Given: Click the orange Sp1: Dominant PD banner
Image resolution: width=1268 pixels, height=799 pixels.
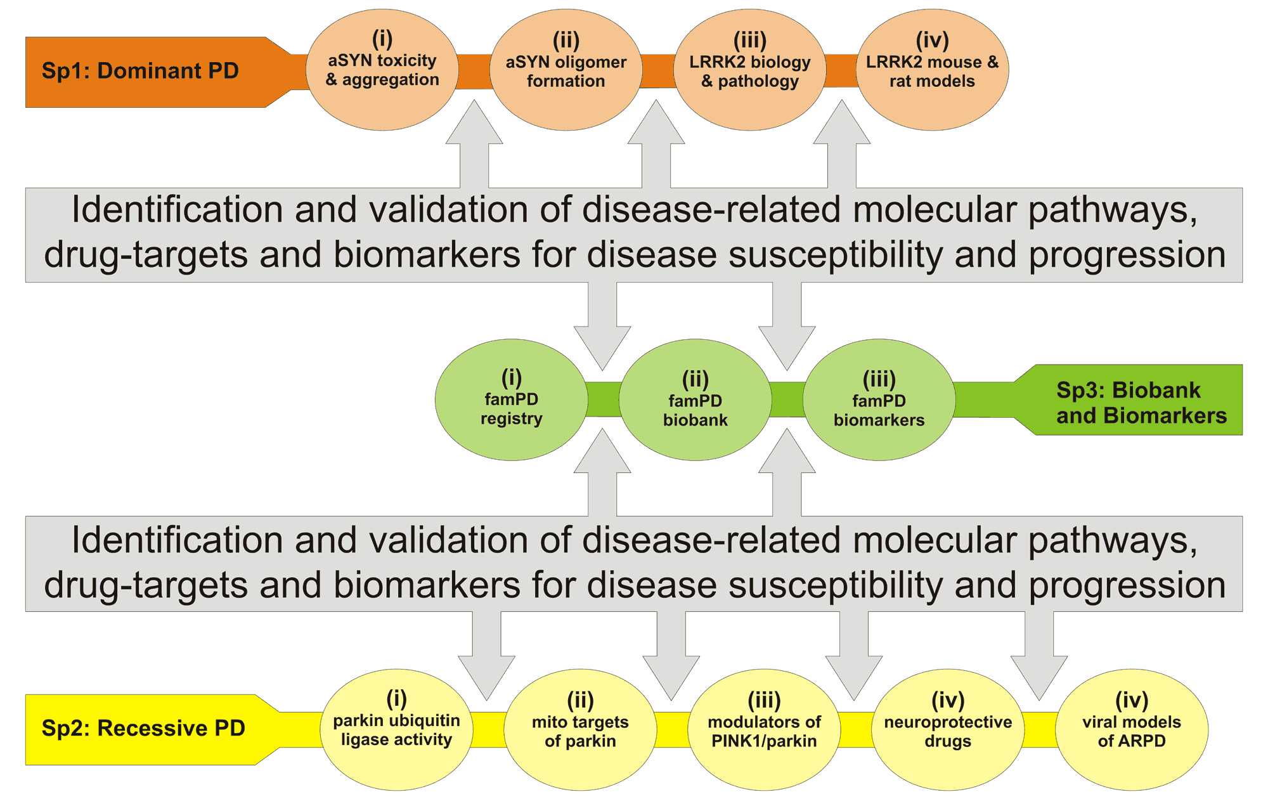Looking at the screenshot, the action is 152,72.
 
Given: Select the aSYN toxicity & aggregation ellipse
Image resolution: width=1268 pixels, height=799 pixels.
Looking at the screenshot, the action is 382,70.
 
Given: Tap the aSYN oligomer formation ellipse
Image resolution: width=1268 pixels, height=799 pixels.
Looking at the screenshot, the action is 566,70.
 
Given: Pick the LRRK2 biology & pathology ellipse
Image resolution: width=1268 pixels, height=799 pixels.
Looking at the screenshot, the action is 750,70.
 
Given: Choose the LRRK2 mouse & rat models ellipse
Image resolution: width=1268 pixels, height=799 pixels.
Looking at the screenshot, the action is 933,70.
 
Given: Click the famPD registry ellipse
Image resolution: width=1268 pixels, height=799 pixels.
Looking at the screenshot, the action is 512,399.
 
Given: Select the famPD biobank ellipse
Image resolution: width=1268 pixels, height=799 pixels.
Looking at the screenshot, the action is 695,399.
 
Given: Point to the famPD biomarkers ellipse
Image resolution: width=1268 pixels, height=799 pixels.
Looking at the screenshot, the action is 879,399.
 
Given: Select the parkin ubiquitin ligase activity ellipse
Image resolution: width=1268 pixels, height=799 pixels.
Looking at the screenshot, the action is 397,730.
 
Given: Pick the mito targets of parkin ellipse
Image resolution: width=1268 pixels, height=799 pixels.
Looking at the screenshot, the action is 580,730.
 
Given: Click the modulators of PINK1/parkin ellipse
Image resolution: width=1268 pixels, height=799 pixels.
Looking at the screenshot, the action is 764,730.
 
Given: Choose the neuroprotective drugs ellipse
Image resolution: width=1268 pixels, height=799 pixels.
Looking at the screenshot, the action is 948,730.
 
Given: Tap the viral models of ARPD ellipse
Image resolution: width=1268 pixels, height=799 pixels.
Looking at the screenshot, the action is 1132,730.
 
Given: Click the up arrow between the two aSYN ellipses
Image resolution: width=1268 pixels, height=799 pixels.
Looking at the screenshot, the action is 474,144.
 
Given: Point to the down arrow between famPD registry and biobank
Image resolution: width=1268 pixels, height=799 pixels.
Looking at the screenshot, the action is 602,326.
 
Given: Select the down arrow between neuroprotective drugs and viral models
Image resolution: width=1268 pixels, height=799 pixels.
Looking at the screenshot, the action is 1039,656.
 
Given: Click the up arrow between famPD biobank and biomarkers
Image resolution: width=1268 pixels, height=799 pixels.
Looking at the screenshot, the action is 787,472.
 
